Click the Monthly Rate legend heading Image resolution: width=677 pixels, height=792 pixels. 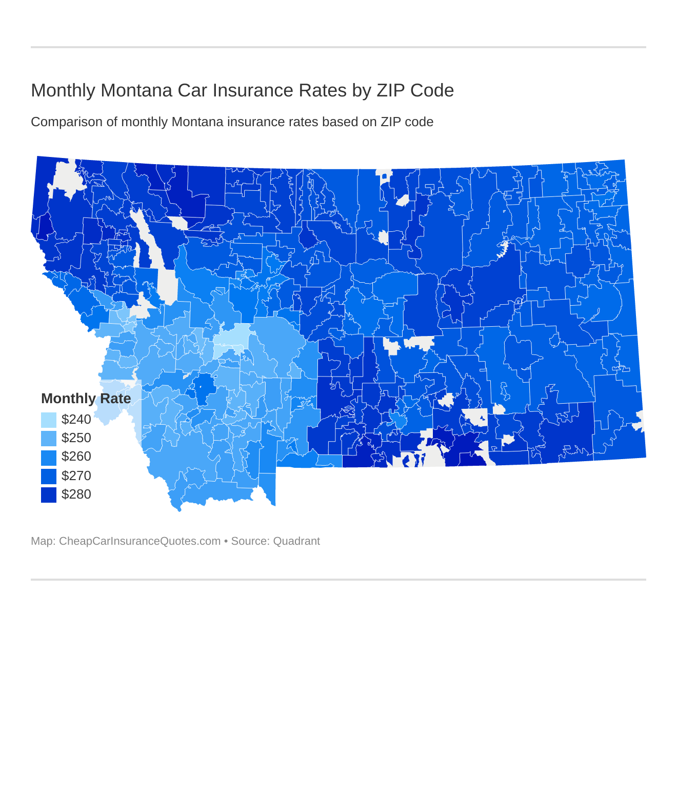point(86,399)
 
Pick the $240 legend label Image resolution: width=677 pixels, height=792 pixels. point(76,420)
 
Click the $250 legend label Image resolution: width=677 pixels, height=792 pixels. point(76,438)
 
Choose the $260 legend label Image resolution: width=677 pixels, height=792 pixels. point(76,457)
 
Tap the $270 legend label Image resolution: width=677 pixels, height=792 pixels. point(76,476)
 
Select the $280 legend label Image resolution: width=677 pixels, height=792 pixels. point(76,494)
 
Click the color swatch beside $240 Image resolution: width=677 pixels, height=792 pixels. point(49,420)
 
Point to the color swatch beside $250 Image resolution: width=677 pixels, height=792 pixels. point(49,439)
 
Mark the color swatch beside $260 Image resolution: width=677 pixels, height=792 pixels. point(49,457)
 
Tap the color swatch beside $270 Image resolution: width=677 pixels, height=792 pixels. point(49,476)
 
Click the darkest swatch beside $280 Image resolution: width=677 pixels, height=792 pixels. point(49,494)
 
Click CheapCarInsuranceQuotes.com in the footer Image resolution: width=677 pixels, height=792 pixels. point(140,541)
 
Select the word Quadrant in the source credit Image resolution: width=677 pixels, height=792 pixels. point(296,541)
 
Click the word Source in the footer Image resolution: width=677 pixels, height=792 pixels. point(249,541)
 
